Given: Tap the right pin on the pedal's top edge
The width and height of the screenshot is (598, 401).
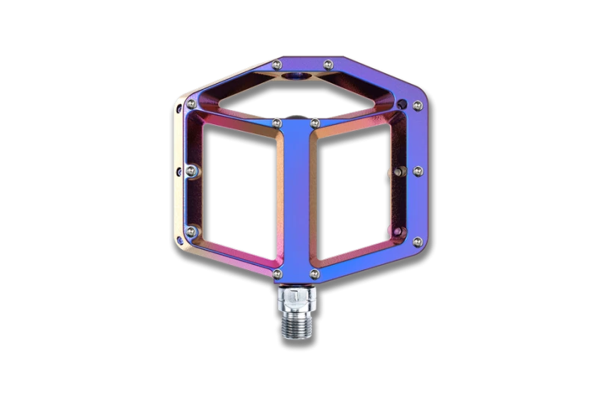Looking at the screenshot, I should (327, 64).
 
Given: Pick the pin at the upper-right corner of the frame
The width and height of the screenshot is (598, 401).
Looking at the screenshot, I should (407, 103).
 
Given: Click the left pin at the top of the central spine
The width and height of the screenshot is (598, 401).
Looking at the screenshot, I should (277, 122).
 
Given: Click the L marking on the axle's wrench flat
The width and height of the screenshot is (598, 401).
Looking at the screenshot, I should (299, 298).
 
